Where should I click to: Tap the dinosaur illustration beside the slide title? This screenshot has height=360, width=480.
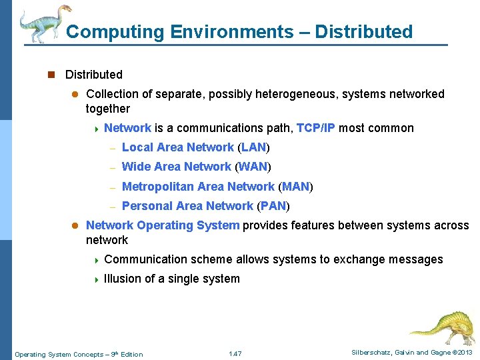click(43, 23)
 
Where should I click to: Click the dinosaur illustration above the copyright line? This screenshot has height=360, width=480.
click(441, 327)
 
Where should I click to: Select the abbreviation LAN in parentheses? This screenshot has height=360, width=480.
click(253, 147)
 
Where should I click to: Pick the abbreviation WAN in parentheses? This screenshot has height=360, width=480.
click(253, 167)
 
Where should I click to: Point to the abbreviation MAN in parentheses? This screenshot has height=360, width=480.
click(295, 187)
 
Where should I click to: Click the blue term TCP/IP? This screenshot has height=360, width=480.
click(315, 128)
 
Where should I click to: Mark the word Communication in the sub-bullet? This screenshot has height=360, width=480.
click(145, 259)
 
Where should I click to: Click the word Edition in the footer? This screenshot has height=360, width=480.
click(131, 354)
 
